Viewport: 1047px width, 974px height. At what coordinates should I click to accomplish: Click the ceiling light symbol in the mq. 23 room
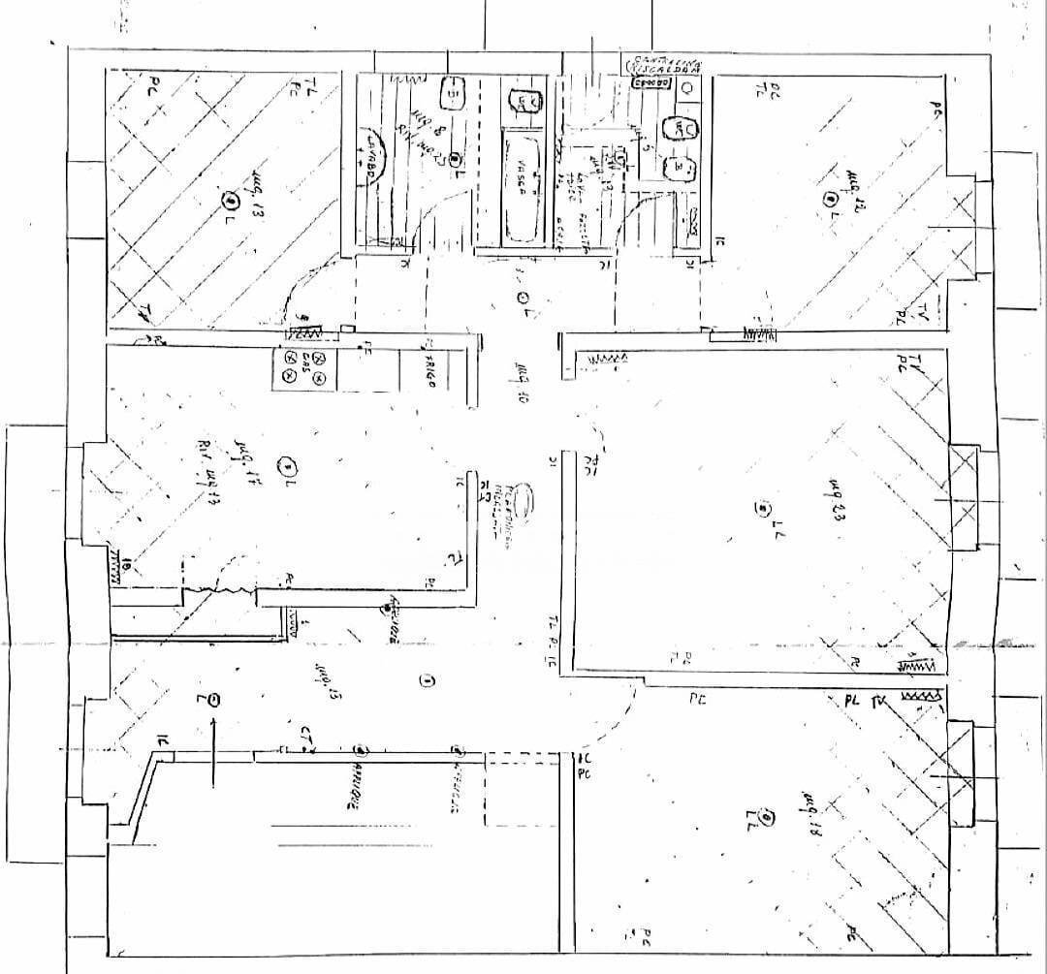coord(764,507)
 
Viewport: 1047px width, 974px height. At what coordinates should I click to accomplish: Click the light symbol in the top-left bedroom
coord(231,201)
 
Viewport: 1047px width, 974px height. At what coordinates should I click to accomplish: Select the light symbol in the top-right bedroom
coord(829,198)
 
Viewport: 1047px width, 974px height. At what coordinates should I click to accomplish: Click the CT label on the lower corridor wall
coord(306,736)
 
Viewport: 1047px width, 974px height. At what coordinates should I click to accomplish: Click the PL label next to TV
coord(852,700)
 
